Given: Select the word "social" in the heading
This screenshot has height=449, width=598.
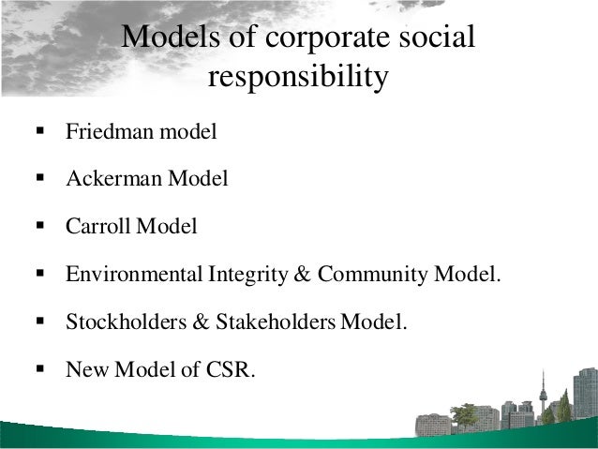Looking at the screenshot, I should coord(439,38).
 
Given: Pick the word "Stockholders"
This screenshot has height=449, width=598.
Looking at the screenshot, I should coord(123,322).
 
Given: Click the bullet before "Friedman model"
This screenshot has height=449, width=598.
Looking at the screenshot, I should coord(39,131).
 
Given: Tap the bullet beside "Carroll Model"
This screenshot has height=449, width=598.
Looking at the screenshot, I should coord(39,227).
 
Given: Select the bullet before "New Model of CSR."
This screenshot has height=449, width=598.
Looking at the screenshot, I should coord(39,369).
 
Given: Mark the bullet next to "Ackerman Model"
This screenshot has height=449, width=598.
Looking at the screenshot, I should coord(39,179).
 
